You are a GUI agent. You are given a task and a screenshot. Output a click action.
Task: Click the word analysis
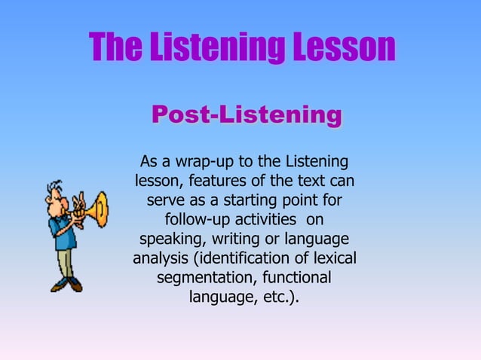click(161, 259)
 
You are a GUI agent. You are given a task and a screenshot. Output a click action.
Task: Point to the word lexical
click(332, 259)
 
